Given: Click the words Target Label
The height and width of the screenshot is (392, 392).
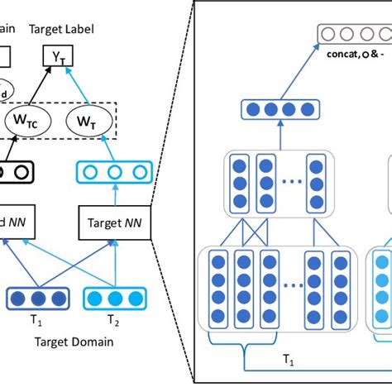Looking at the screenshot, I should point(61,29).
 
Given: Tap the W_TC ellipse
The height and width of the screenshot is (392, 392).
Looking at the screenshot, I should point(27,122).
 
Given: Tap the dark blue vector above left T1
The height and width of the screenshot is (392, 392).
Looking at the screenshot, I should point(36,298).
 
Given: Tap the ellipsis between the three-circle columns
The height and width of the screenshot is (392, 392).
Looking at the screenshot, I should point(289,180).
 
